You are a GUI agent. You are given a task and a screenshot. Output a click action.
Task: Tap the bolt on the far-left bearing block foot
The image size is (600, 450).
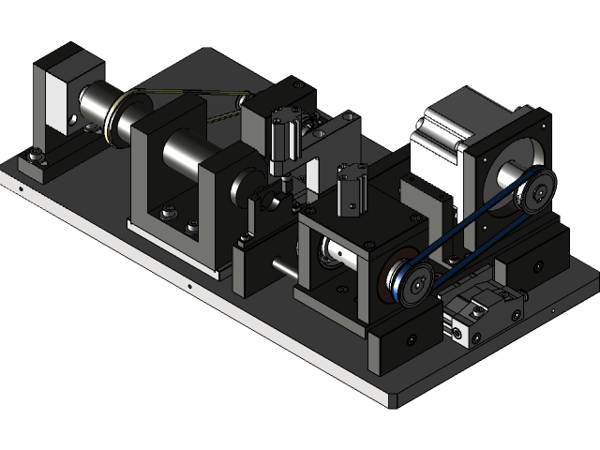pos(37,154)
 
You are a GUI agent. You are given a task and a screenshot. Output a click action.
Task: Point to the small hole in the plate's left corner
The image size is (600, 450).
pos(20,188)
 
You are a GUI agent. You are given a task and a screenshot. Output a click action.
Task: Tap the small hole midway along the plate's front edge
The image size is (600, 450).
pos(189,287)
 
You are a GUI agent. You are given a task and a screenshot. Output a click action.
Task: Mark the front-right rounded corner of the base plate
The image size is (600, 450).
pos(392,401)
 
